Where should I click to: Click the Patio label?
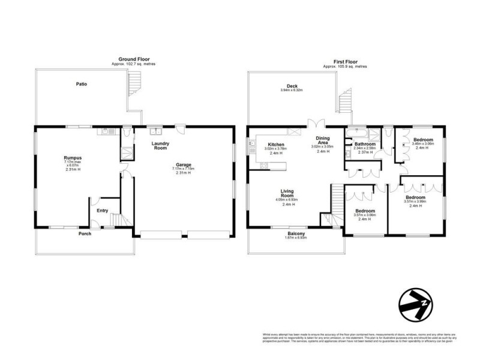(81, 84)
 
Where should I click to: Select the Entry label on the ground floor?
(102, 210)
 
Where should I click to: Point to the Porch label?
(85, 233)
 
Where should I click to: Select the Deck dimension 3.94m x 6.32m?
(292, 91)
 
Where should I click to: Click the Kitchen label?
(276, 145)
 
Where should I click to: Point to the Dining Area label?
(323, 140)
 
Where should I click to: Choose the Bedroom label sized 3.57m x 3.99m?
(415, 197)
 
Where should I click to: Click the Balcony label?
(296, 233)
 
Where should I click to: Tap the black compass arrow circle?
(416, 304)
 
